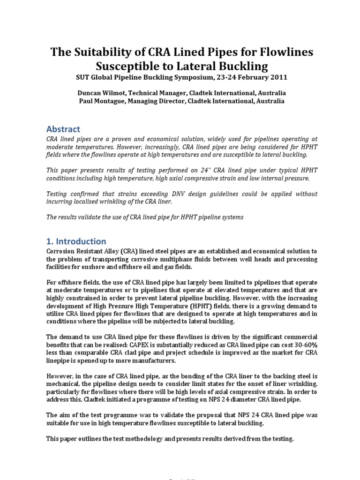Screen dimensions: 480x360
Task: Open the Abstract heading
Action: point(63,129)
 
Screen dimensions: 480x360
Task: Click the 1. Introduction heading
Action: point(76,241)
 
